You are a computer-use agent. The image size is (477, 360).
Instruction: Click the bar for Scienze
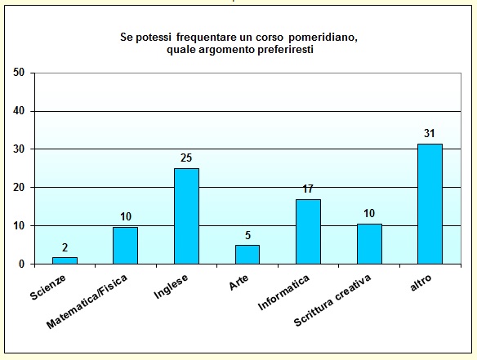[x=65, y=260]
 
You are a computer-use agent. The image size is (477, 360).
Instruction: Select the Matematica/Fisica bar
[x=125, y=246]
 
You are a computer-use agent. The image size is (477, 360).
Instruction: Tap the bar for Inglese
[x=186, y=216]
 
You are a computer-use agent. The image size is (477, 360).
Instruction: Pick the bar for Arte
[x=247, y=255]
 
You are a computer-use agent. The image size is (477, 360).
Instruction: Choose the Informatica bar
[x=308, y=232]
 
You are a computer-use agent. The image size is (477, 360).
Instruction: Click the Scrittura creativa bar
[x=369, y=244]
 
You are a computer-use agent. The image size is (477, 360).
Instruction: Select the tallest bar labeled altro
[x=430, y=204]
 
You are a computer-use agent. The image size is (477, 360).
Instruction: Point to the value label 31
[x=430, y=133]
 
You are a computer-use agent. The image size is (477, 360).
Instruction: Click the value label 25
[x=186, y=158]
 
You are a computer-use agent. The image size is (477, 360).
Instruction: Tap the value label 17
[x=308, y=189]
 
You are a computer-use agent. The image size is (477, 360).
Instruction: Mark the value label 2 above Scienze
[x=65, y=247]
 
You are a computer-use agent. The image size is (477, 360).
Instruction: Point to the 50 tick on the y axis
[x=20, y=73]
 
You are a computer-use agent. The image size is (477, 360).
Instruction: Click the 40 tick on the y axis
[x=20, y=111]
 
